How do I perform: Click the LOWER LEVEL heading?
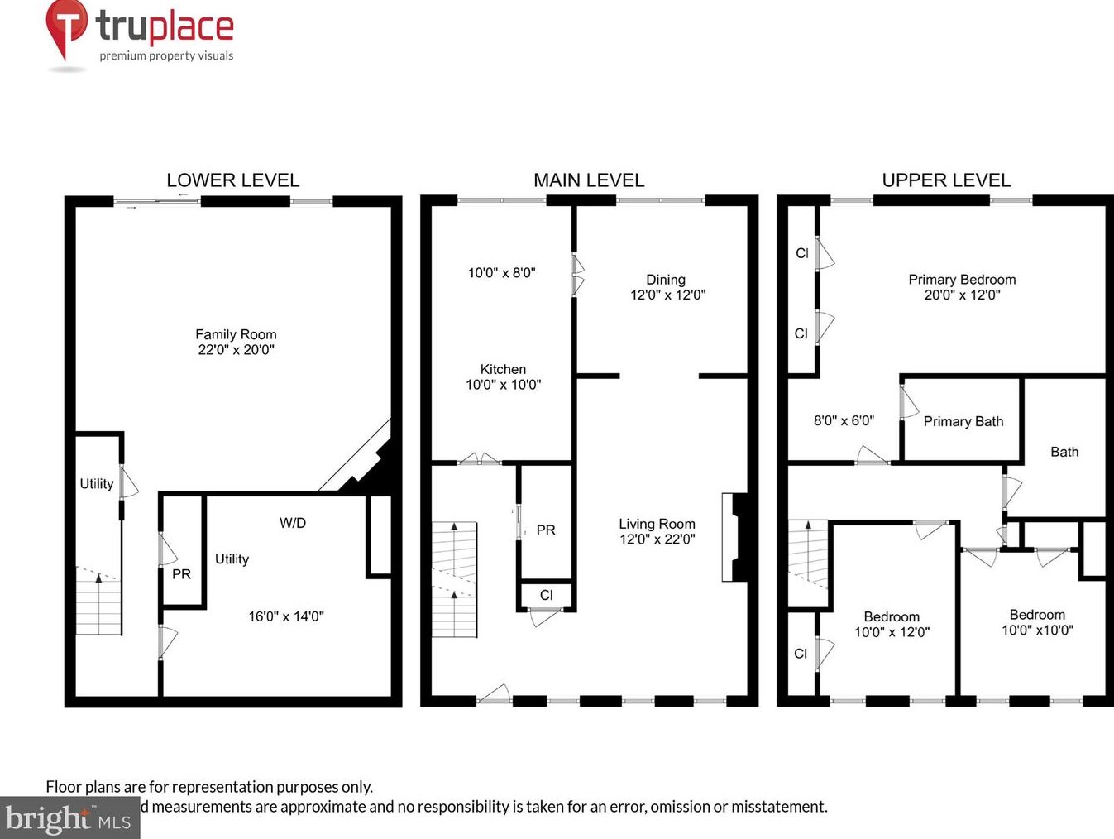click(232, 180)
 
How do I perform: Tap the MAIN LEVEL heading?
click(588, 180)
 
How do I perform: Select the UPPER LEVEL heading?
click(946, 180)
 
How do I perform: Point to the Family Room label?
click(236, 334)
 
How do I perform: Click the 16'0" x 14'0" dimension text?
click(286, 616)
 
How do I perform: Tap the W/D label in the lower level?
click(293, 523)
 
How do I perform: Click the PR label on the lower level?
click(181, 574)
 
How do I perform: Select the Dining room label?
click(666, 280)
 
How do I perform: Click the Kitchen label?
click(503, 370)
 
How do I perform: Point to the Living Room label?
click(657, 524)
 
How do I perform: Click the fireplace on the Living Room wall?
click(735, 537)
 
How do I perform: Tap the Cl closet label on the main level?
click(546, 595)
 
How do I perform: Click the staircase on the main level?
click(454, 579)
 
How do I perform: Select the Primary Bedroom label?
click(962, 280)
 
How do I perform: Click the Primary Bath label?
click(963, 422)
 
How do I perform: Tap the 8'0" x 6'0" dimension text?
click(844, 420)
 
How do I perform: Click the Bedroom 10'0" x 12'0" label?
click(892, 625)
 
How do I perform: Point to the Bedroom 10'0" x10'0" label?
click(1037, 622)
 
